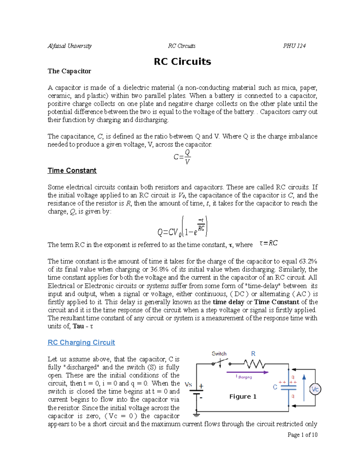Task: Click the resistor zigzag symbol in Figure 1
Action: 254,364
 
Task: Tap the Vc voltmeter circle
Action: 315,389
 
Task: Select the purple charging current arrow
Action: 247,372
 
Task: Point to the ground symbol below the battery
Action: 196,415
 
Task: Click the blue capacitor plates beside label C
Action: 288,387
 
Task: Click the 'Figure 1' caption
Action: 243,397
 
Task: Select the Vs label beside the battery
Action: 188,384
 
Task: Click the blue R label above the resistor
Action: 253,354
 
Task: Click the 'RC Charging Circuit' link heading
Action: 81,342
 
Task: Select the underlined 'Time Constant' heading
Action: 72,170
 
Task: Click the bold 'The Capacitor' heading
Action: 69,71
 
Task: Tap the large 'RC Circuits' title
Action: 182,62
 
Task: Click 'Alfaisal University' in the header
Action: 70,46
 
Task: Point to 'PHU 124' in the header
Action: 294,46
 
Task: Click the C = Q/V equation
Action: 182,157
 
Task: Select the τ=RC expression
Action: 268,243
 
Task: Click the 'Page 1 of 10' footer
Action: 302,435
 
